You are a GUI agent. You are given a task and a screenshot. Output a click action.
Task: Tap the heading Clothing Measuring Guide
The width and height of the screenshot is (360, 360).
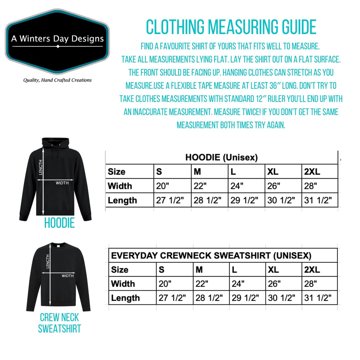coord(231,27)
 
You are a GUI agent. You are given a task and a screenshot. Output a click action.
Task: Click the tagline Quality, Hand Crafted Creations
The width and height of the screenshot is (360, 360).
coord(57,80)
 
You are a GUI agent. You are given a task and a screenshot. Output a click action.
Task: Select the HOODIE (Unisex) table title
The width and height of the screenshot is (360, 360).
coord(221,158)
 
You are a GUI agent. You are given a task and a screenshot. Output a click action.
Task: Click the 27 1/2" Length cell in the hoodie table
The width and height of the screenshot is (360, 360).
coord(173,200)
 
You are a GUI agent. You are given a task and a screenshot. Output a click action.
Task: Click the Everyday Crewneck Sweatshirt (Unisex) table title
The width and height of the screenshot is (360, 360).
coord(211,256)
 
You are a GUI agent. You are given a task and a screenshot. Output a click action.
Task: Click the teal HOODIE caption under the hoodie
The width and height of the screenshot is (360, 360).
coord(59,223)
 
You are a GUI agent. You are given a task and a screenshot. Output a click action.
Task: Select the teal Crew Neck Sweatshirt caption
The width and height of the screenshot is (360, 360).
coord(59,323)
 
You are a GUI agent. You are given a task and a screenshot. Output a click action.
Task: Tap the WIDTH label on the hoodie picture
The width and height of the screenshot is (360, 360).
coord(62,182)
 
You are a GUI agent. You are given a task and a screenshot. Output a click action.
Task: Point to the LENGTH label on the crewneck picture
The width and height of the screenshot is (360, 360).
coord(48,261)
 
